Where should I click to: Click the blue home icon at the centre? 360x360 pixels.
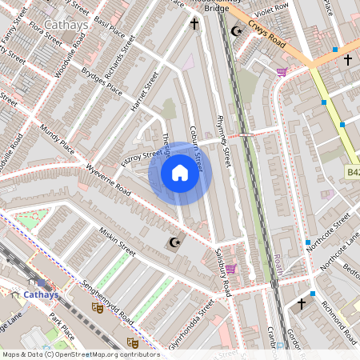pos(180,173)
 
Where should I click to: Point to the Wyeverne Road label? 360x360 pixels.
pos(108,181)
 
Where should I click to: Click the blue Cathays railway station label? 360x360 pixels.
pos(39,294)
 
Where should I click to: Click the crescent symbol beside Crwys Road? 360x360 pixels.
pos(235,30)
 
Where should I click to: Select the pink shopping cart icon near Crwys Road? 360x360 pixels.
pos(282,72)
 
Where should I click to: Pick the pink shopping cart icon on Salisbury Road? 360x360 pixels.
pos(231,269)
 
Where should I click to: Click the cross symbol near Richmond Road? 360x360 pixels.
pos(302,304)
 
